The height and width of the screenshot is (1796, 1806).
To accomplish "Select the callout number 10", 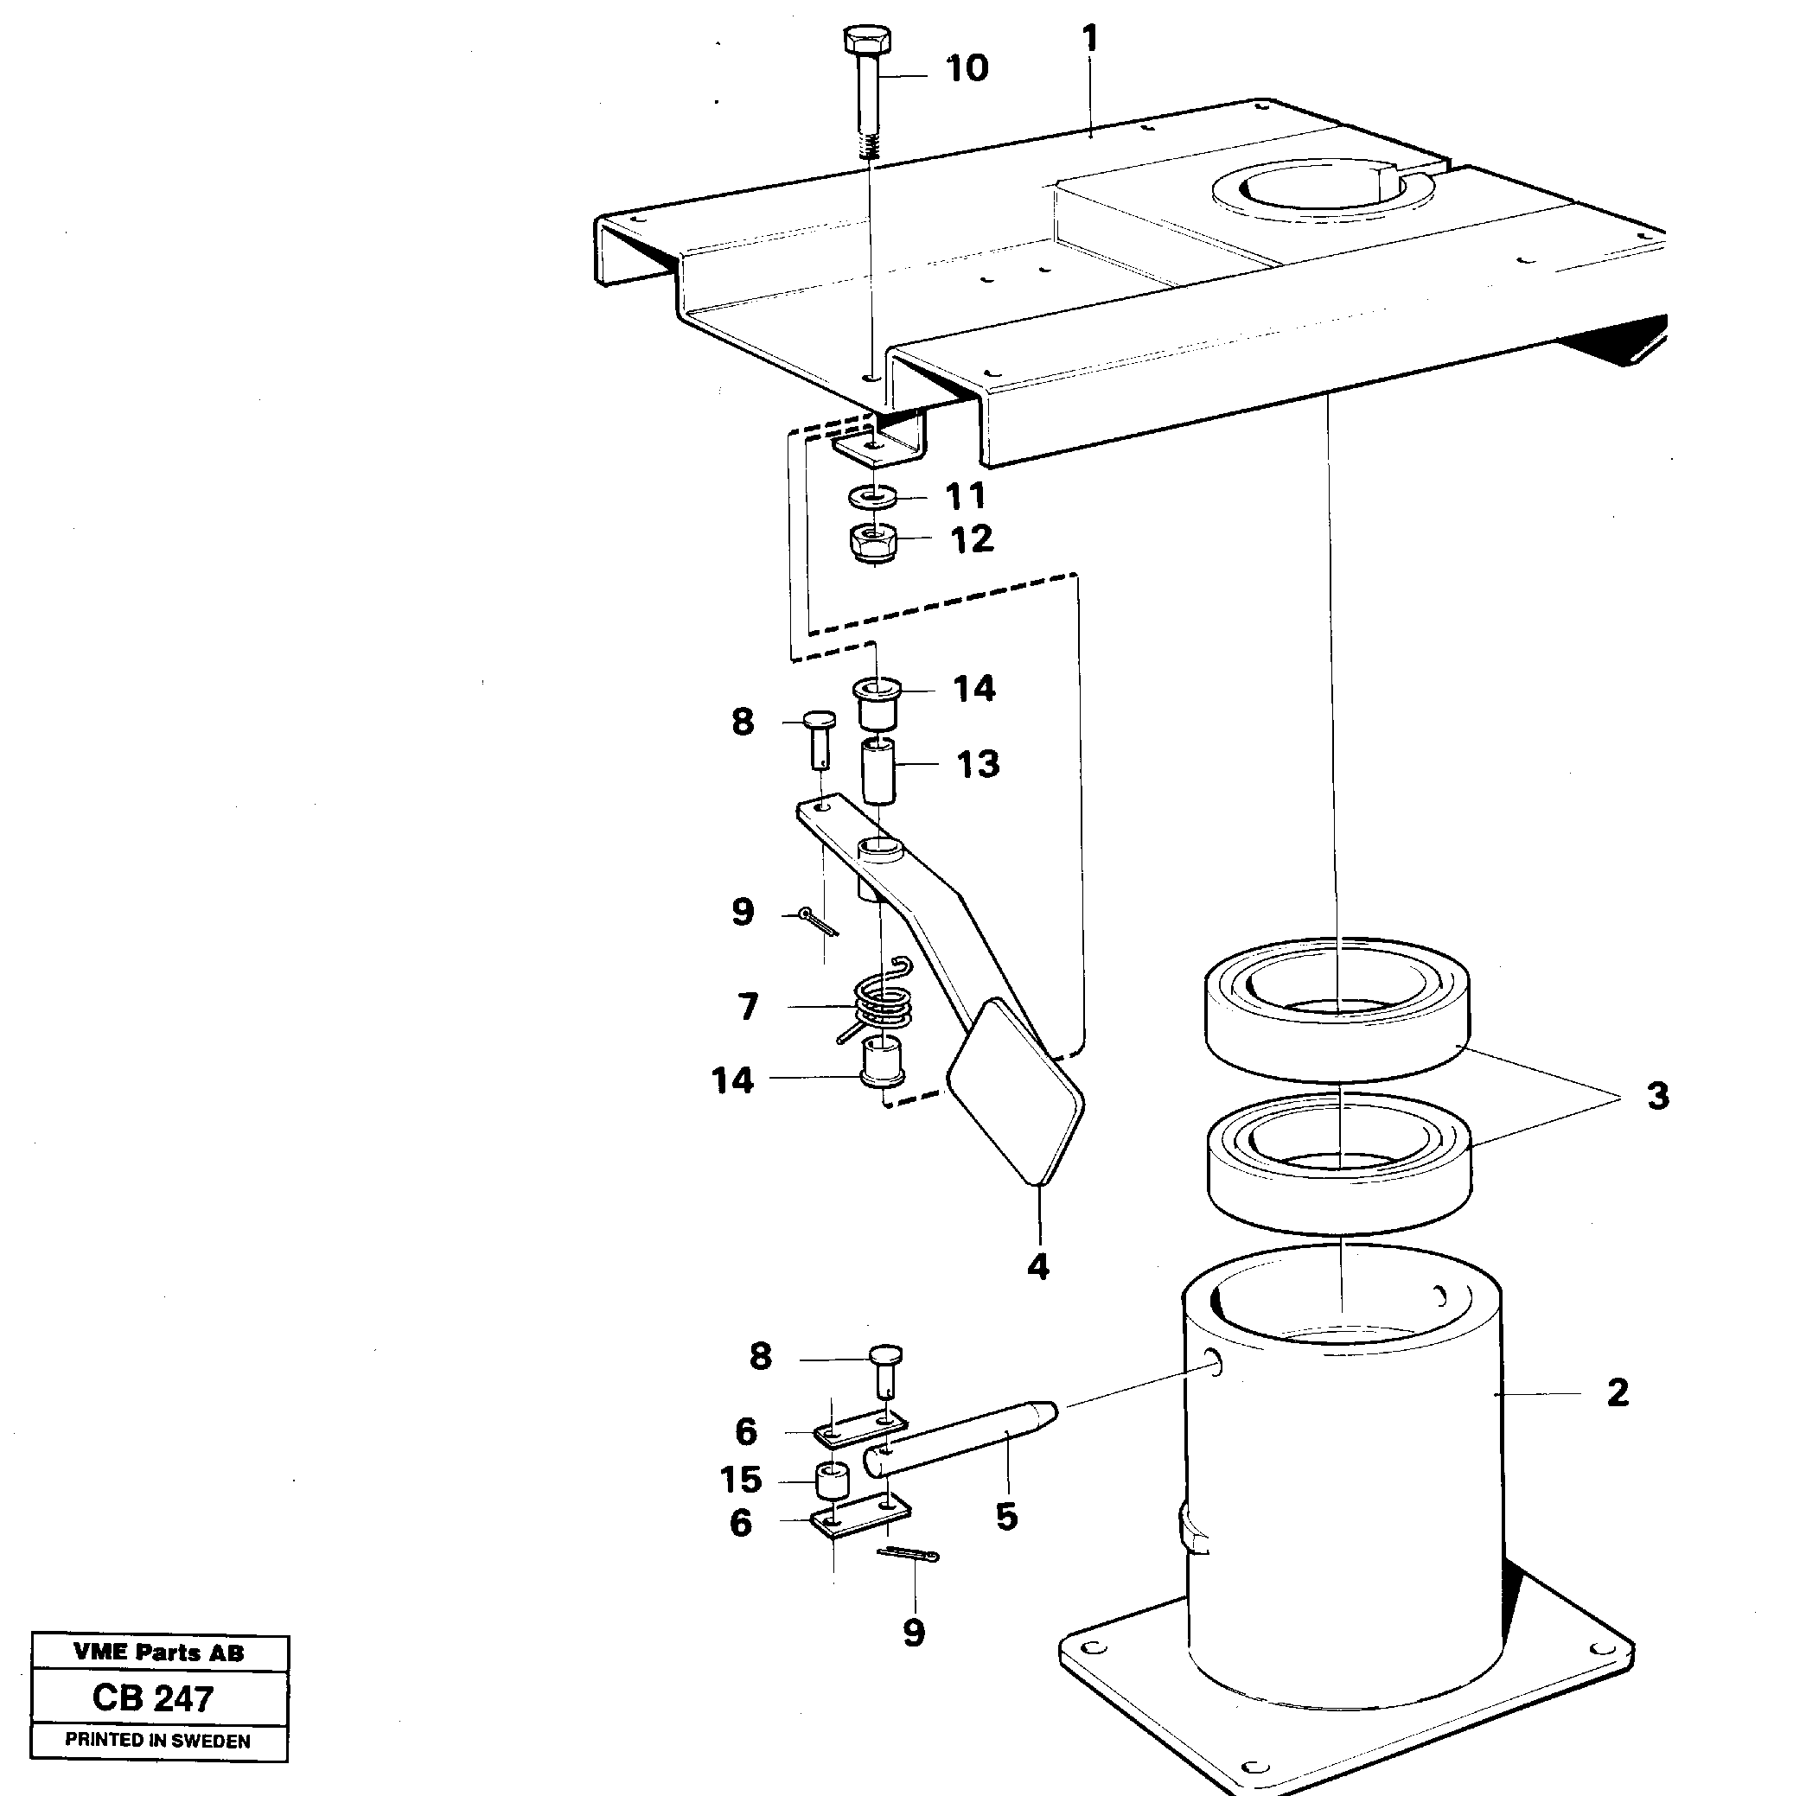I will click(x=967, y=68).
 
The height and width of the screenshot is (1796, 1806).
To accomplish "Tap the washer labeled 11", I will click(x=873, y=494).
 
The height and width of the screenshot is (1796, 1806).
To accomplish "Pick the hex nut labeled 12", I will click(x=873, y=541).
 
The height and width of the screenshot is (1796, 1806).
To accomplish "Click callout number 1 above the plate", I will click(x=1089, y=39).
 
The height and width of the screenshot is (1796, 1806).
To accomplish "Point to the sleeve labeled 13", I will click(x=878, y=770).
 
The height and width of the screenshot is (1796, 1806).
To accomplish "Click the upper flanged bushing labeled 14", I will click(x=877, y=704).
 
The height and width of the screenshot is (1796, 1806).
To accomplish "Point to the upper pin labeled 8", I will click(x=819, y=738).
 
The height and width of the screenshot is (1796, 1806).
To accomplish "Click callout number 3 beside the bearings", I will click(x=1657, y=1095).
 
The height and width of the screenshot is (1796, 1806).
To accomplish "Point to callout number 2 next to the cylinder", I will click(x=1618, y=1393).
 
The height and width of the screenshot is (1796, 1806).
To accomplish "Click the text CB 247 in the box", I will click(x=153, y=1697).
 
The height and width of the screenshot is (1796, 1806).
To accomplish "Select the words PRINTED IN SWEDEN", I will click(x=158, y=1741).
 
